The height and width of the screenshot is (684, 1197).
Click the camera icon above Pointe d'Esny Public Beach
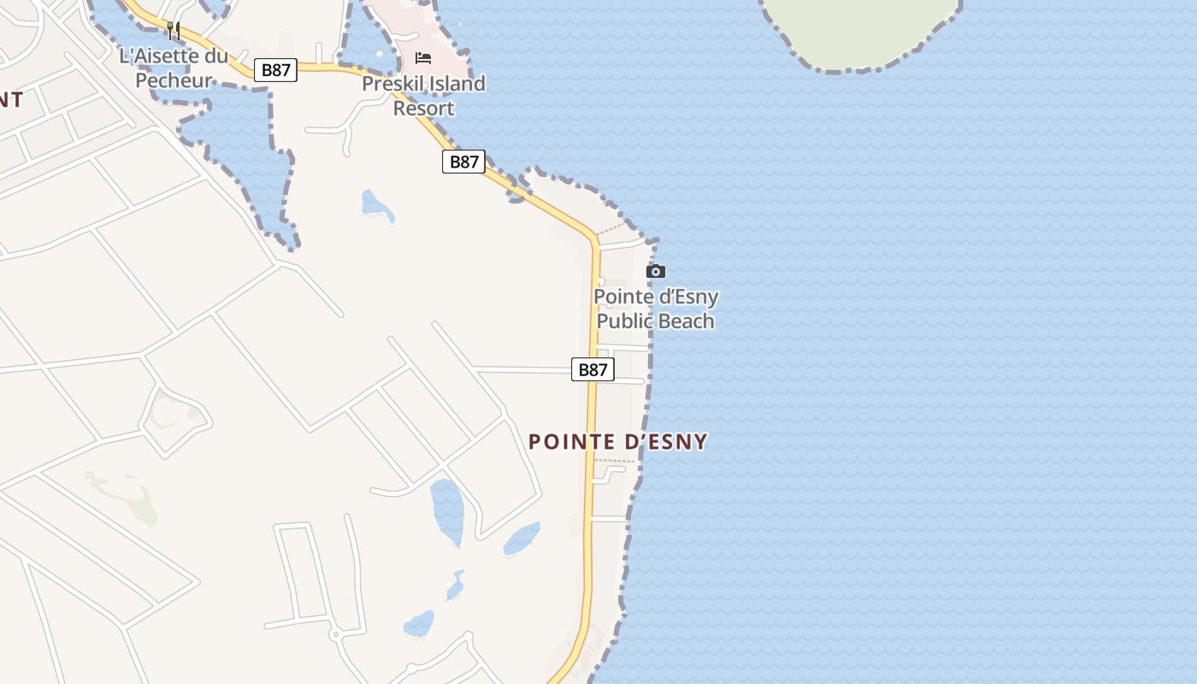656,272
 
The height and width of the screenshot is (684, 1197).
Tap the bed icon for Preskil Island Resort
423,58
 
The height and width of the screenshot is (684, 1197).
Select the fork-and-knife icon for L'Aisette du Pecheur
174,31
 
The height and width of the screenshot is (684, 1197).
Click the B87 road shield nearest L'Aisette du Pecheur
275,70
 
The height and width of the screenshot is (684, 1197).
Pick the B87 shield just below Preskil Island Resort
463,162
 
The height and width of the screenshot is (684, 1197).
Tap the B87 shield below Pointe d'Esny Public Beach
593,369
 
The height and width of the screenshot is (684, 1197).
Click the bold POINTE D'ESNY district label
617,442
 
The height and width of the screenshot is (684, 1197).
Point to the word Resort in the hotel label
423,109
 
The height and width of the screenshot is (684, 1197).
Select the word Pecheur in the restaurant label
174,81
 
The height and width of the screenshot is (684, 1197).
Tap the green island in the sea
859,30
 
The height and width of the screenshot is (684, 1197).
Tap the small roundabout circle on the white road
335,634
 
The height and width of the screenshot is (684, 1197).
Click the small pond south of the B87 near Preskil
376,205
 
